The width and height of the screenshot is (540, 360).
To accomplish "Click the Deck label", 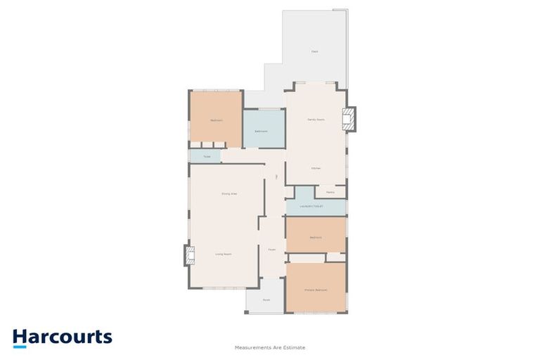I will [314, 51].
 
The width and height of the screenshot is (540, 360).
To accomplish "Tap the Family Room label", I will [316, 120].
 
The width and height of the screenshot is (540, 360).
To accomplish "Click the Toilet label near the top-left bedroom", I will [207, 156].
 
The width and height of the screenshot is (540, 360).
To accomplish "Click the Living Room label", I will [224, 254].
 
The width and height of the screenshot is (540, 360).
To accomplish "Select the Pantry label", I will [330, 192].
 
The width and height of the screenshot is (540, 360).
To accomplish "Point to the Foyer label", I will [271, 249].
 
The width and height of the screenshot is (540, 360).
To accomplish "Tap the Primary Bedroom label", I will [316, 290].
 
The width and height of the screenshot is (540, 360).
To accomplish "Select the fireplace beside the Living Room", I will [188, 255].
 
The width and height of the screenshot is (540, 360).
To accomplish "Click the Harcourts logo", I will [62, 337].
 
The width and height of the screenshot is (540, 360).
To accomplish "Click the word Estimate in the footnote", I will [295, 347].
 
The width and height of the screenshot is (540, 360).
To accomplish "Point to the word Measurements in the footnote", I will [255, 347].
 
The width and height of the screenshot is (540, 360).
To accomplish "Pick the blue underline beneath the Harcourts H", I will [19, 346].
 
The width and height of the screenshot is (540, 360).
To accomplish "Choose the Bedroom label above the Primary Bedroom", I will [315, 238].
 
